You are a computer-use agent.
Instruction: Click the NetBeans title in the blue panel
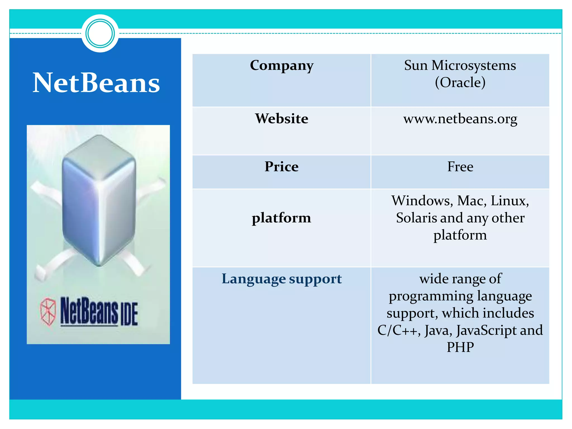96,83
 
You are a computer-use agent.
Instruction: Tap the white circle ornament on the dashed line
100,34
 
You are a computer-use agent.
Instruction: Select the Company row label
282,66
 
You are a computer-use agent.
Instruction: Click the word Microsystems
473,65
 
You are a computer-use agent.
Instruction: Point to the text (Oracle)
460,82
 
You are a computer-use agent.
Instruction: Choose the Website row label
282,118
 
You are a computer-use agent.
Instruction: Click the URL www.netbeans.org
460,119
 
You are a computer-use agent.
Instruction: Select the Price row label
282,166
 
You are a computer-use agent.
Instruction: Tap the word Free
460,166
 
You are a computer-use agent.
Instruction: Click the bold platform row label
282,218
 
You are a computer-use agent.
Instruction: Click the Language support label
282,279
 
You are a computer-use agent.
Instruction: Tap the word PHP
460,347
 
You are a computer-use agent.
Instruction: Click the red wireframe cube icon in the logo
48,311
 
